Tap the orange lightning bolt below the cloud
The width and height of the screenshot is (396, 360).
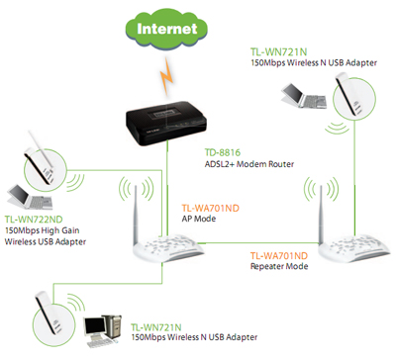tap(167, 76)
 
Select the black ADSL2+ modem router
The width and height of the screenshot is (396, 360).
tap(166, 123)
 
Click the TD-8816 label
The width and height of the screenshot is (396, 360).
tap(223, 152)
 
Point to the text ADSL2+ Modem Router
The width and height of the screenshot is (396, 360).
tap(249, 164)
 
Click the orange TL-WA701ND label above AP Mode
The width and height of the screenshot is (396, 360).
tap(210, 208)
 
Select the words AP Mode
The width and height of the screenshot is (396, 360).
tap(199, 219)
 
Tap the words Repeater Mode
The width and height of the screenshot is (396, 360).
tap(279, 266)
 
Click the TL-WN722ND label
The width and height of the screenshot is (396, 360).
tap(34, 220)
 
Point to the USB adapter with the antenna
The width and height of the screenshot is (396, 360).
tap(40, 157)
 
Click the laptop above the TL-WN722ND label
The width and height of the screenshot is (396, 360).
tap(30, 197)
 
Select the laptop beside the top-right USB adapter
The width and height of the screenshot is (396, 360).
tap(304, 96)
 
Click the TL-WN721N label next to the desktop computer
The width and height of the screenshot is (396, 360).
tap(156, 327)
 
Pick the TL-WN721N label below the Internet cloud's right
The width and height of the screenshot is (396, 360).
tap(279, 52)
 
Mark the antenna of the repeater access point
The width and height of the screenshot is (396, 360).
tap(321, 215)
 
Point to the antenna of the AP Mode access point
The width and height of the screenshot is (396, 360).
tap(136, 215)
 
